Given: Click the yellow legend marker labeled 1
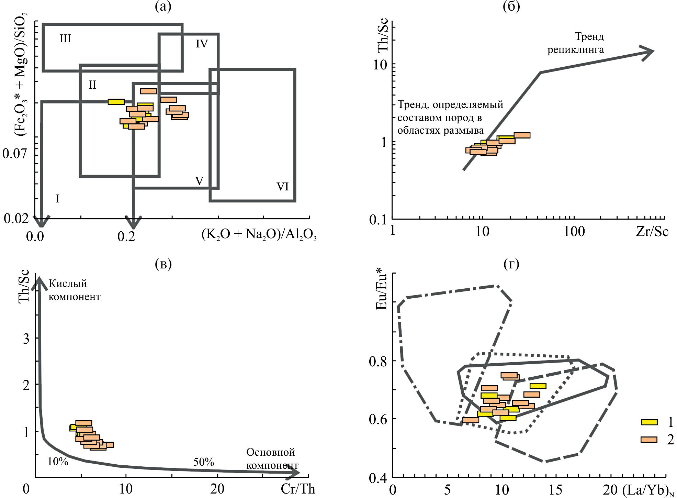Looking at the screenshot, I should click(x=649, y=422).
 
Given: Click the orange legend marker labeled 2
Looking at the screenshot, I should click(x=649, y=440).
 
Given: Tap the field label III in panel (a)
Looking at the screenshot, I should click(x=65, y=38).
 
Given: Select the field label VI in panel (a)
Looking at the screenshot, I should click(x=282, y=187).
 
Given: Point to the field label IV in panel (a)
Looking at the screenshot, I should click(x=202, y=44).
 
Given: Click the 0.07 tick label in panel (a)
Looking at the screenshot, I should click(x=14, y=153).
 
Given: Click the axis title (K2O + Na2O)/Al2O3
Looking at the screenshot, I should click(x=259, y=235).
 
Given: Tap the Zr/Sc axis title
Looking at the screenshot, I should click(x=652, y=232).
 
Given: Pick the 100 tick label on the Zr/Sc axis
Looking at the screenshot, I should click(x=574, y=232).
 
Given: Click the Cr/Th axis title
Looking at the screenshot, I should click(x=298, y=489).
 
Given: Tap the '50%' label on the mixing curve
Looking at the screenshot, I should click(x=203, y=462).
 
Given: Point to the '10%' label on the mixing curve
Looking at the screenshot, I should click(x=58, y=461).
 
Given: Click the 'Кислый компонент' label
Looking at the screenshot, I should click(x=74, y=290).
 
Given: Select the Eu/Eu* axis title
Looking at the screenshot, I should click(x=381, y=291).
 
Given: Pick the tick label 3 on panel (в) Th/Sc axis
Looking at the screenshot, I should click(x=26, y=339).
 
